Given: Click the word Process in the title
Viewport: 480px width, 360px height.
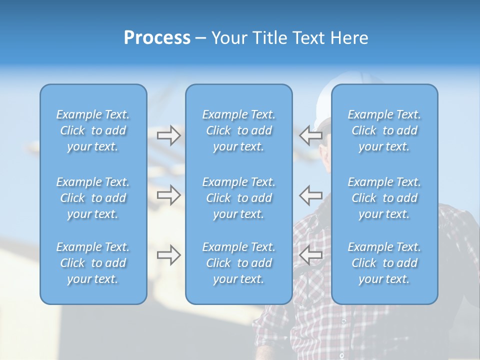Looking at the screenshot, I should pyautogui.click(x=157, y=37).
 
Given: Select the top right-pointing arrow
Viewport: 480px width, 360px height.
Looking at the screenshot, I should pyautogui.click(x=168, y=135).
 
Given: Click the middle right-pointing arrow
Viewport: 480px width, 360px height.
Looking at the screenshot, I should pyautogui.click(x=168, y=194).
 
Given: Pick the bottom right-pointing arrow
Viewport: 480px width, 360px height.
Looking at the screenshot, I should pyautogui.click(x=168, y=255).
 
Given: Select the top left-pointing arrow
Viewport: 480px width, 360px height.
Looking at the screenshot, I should pyautogui.click(x=311, y=135).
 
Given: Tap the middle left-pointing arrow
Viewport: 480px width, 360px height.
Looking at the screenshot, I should pyautogui.click(x=311, y=194).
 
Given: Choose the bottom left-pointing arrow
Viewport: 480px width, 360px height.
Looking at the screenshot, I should pyautogui.click(x=311, y=255).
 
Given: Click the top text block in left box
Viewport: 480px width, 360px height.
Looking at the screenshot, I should pyautogui.click(x=93, y=130).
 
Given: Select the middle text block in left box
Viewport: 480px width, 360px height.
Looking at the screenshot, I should pyautogui.click(x=93, y=198).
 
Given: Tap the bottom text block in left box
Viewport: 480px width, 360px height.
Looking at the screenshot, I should pyautogui.click(x=93, y=263).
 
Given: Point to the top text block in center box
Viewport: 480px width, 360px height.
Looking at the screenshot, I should pyautogui.click(x=238, y=130).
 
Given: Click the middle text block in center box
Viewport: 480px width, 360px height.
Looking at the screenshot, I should pyautogui.click(x=238, y=198).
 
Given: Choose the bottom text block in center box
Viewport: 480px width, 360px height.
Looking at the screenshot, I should pyautogui.click(x=238, y=263).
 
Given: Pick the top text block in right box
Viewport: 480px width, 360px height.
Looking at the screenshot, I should pyautogui.click(x=384, y=130).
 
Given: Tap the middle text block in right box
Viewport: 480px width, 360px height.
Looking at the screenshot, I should pyautogui.click(x=384, y=198).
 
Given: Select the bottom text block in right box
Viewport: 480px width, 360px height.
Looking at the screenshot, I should pyautogui.click(x=384, y=263).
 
